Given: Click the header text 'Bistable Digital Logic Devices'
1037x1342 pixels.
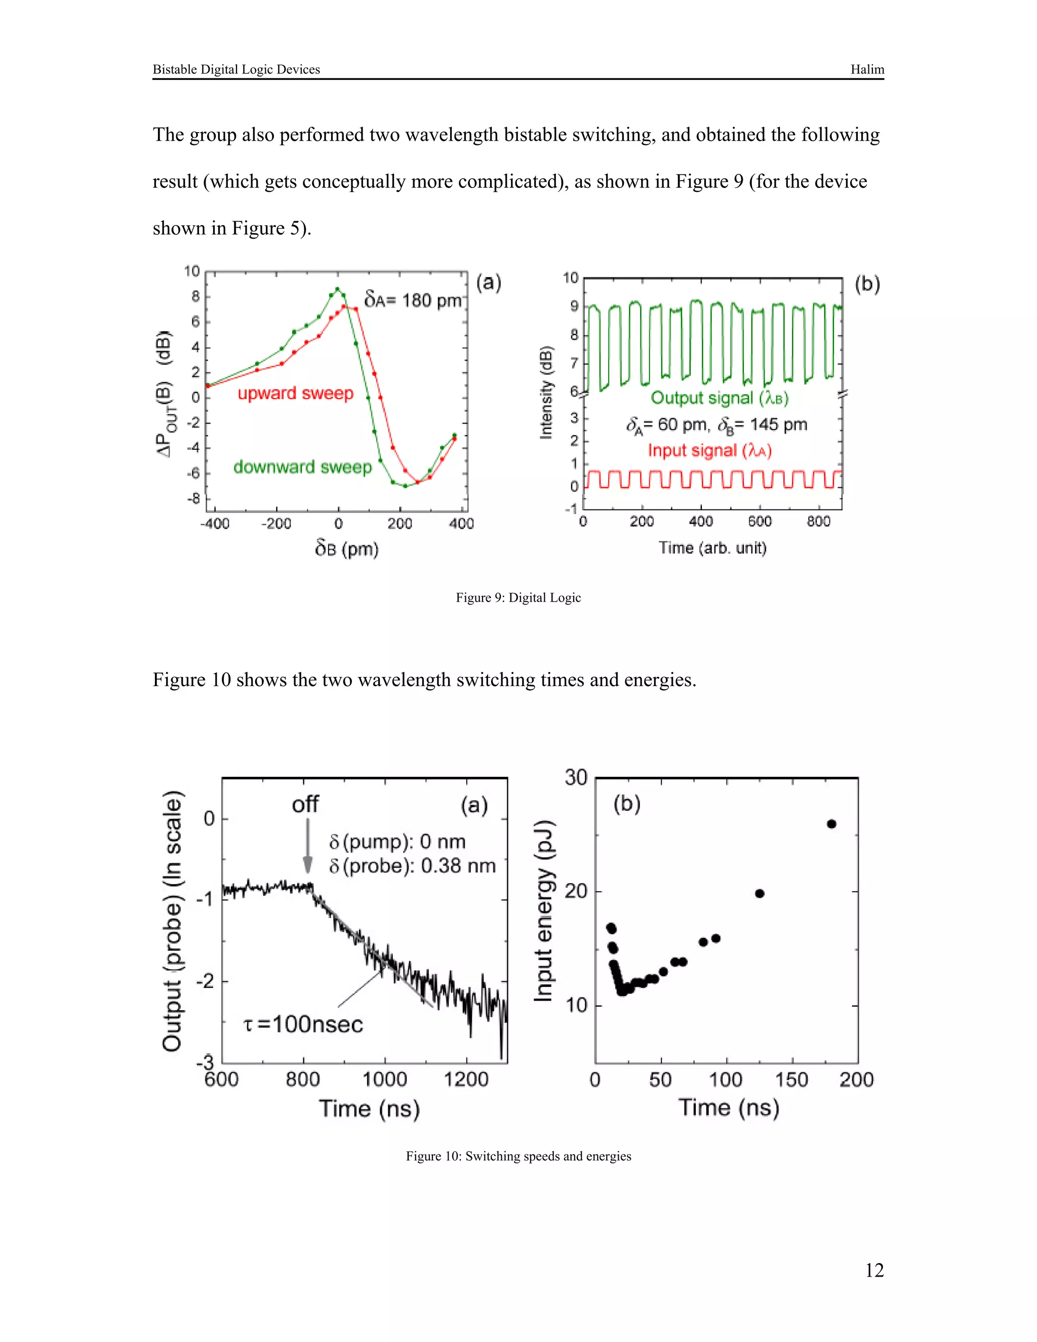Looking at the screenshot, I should [236, 69].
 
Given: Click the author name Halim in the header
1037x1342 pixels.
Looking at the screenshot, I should [867, 69].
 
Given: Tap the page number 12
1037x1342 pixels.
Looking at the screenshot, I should [873, 1270].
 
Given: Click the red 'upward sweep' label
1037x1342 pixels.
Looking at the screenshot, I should [296, 393].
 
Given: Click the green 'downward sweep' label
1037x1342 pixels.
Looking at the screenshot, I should [302, 467].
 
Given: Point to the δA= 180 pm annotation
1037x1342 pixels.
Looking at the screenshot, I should [412, 300].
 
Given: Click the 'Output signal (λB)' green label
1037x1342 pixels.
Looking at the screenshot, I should [719, 398].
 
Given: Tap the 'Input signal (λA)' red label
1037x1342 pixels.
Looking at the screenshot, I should [709, 450].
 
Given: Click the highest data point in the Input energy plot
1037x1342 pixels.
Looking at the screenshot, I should [831, 824].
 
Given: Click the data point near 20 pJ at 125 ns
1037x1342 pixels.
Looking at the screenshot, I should [760, 893].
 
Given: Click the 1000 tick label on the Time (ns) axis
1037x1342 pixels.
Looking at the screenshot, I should [385, 1080].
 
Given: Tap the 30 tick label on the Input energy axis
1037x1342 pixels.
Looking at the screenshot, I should [576, 778].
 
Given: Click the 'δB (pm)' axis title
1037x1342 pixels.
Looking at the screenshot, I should [346, 548].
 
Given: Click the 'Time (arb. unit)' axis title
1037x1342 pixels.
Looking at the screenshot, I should [712, 547].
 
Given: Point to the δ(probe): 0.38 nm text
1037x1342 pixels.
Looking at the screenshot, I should [412, 866].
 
